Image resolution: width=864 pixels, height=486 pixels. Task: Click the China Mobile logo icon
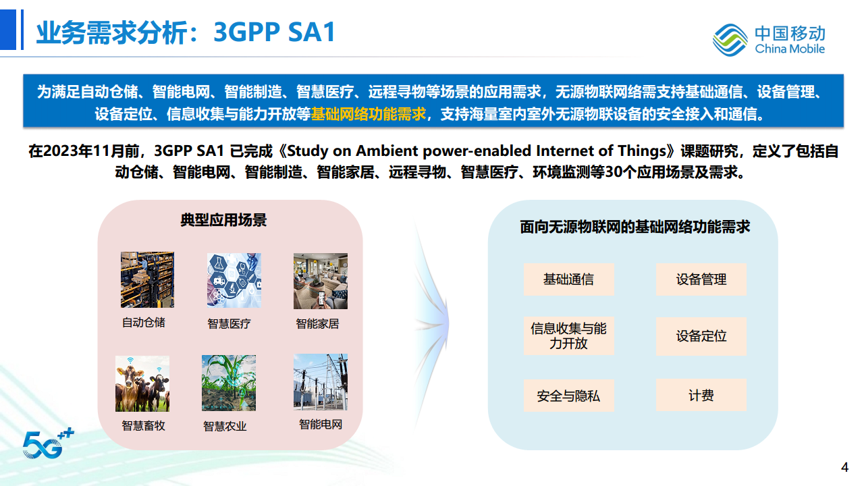(730, 39)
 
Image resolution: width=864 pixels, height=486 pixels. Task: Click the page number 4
(844, 467)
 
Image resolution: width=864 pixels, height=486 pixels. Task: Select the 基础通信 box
(568, 279)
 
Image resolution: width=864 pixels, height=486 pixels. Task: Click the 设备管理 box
(701, 279)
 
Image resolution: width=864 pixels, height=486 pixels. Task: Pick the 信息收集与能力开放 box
(568, 336)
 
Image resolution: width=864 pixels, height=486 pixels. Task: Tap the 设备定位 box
(701, 336)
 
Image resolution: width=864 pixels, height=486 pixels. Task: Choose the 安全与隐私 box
(568, 396)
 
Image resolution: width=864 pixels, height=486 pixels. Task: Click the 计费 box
(701, 396)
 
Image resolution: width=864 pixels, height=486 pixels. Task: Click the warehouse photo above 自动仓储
(147, 279)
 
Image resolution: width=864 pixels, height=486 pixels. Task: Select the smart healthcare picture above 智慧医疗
(234, 280)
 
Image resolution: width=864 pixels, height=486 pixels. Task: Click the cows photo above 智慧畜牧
(142, 383)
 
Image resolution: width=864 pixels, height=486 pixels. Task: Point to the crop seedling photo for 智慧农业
(228, 383)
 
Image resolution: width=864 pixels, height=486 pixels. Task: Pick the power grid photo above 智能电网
(320, 382)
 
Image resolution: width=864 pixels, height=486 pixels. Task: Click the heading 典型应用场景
(223, 220)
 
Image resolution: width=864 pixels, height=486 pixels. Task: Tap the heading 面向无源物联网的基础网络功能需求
(634, 227)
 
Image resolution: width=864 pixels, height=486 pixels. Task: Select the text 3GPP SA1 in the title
(274, 32)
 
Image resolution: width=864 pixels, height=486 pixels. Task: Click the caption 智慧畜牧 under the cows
(143, 426)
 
